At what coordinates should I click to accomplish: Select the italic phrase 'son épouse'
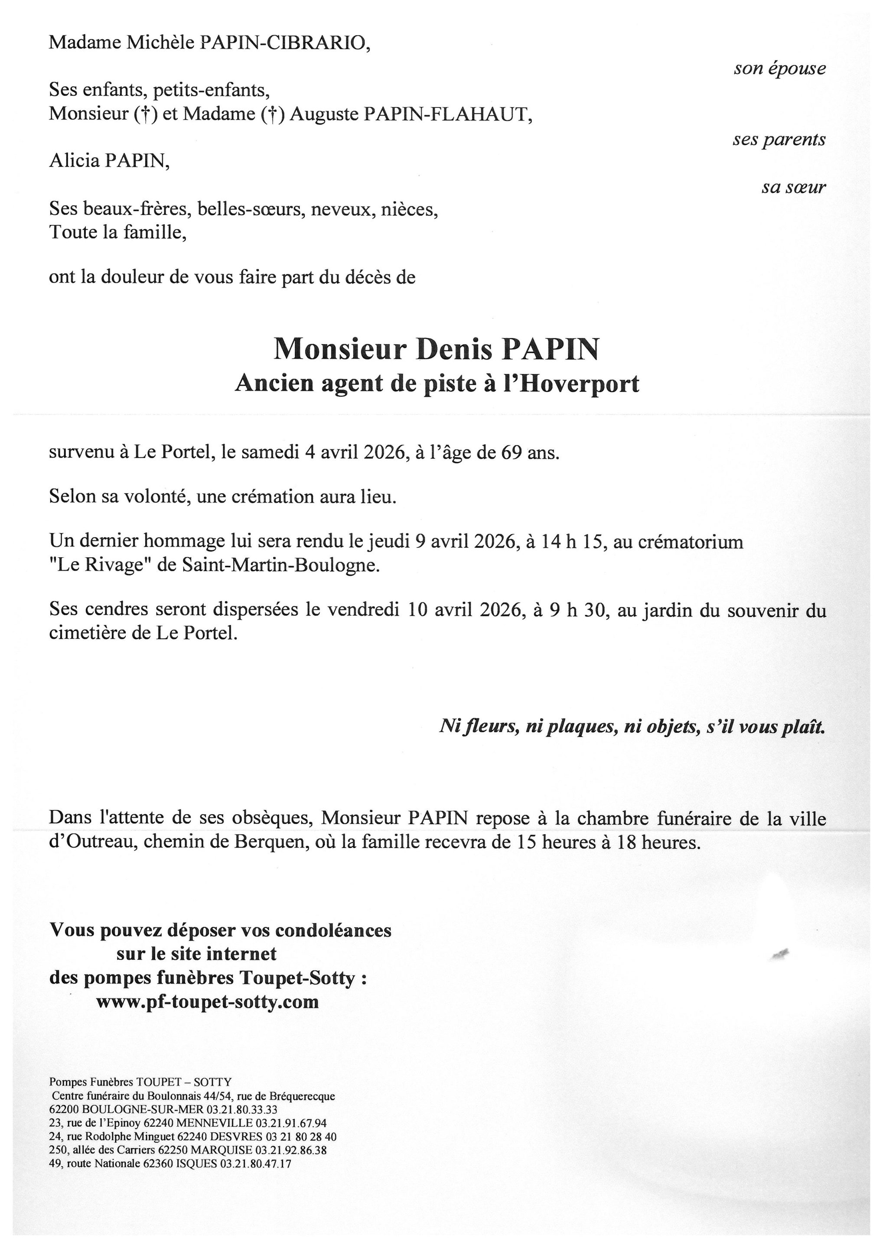click(779, 68)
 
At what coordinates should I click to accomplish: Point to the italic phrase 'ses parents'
click(779, 140)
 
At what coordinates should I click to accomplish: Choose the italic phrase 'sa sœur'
click(793, 188)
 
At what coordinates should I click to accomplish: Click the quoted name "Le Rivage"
click(100, 565)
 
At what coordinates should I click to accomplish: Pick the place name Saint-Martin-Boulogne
click(280, 565)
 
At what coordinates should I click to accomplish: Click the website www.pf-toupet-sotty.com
click(207, 1001)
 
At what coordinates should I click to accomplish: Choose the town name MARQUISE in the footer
click(229, 1150)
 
